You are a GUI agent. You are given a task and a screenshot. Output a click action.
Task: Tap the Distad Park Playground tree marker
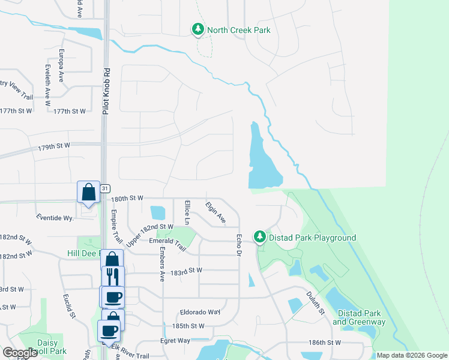[x=259, y=238]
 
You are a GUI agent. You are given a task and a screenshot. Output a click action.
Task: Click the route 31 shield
[x=104, y=188]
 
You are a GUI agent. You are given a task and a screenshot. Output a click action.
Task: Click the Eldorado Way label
[x=200, y=312]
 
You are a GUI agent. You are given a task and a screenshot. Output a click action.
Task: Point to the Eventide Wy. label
[x=55, y=217]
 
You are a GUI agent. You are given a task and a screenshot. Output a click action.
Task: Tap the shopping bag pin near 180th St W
[x=88, y=193]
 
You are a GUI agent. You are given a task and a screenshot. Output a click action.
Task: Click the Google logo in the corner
[x=20, y=352]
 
